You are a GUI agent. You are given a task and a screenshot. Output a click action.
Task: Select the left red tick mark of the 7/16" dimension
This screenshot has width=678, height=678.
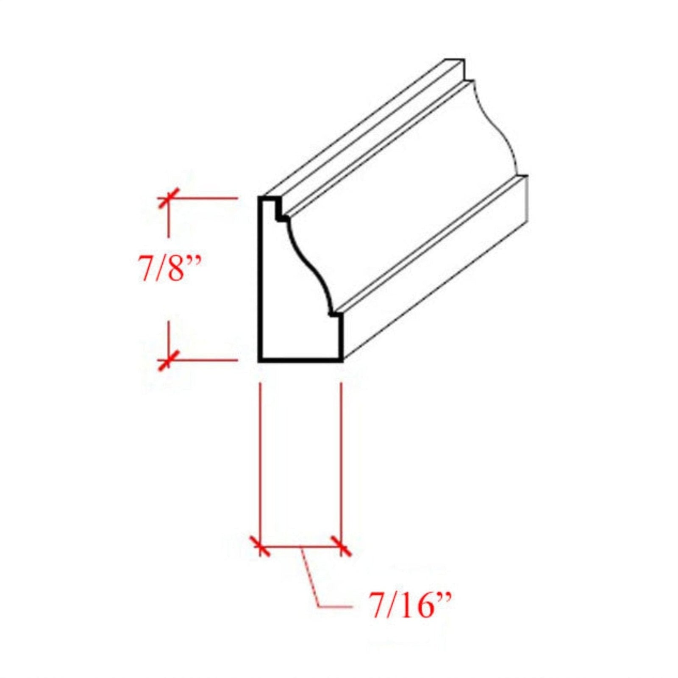click(260, 546)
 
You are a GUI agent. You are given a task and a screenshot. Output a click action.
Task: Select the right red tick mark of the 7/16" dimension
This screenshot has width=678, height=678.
click(342, 546)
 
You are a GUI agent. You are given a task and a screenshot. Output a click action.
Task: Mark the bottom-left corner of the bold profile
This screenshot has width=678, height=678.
click(261, 360)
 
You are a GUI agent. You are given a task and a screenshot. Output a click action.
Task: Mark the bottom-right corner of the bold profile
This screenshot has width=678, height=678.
click(341, 360)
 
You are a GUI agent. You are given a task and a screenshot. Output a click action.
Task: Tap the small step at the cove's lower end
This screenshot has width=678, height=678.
click(335, 315)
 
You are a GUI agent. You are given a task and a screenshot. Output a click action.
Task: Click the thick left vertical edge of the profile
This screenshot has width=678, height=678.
click(260, 280)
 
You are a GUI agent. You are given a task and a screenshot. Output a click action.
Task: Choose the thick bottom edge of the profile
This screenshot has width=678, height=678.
click(301, 360)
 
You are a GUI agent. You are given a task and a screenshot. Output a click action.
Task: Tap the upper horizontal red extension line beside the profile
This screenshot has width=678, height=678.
click(203, 198)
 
